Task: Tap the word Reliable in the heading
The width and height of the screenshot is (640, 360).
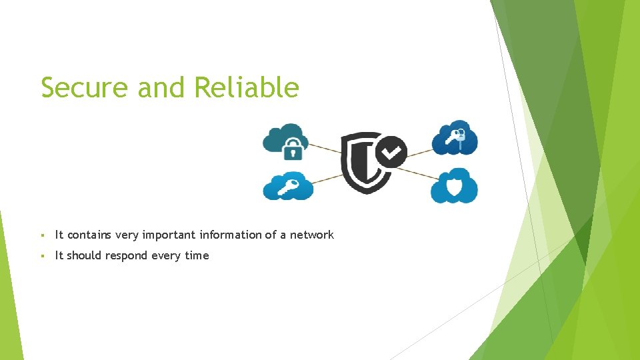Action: pos(247,87)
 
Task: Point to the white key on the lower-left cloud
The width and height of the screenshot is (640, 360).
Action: pos(287,187)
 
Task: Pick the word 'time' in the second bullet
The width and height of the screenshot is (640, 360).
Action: pos(197,255)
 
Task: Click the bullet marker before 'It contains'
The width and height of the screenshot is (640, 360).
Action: pos(43,235)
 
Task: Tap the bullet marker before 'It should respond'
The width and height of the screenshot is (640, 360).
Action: pos(43,256)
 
